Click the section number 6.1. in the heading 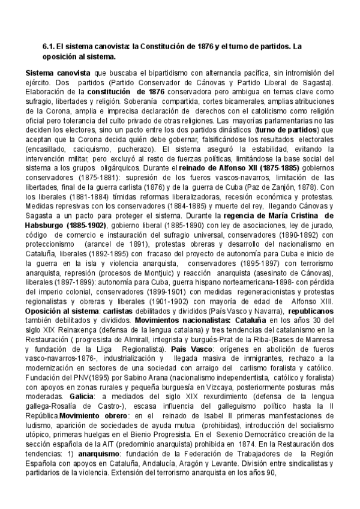click(48, 46)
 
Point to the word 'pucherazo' click(139, 146)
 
